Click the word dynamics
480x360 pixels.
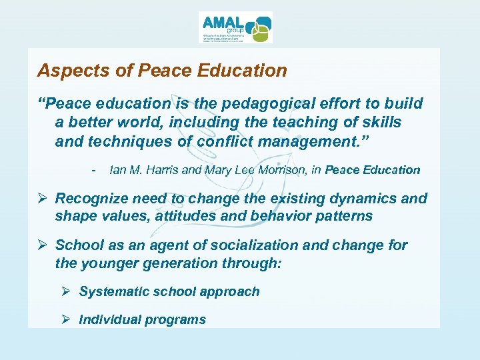coord(369,199)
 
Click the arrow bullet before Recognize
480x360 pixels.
coord(43,199)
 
